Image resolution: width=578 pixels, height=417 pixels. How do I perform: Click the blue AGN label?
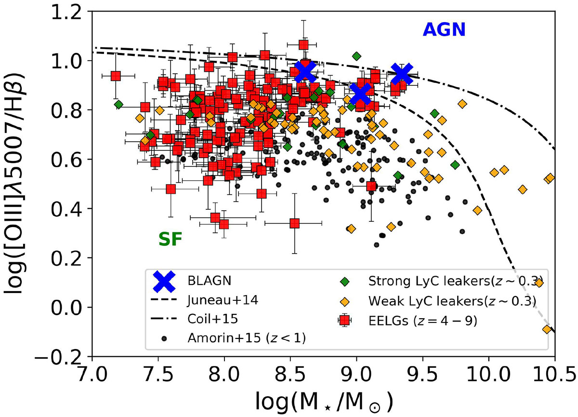coord(444,30)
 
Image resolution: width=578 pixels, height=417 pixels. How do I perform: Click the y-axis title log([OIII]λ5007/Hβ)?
coord(18,183)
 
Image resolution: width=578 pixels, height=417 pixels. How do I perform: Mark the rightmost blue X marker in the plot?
coord(402,74)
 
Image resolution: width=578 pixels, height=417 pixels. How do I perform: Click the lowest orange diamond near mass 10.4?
coord(547,329)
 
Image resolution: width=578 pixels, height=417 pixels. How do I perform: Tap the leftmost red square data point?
coord(116,76)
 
